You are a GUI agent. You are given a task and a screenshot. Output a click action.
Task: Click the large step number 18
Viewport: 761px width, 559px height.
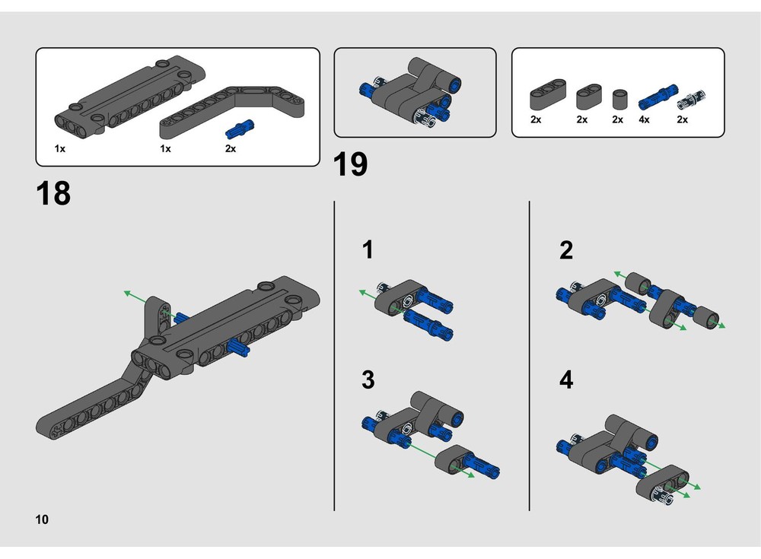pyautogui.click(x=53, y=194)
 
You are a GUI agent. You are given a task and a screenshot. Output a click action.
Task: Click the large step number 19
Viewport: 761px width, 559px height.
pyautogui.click(x=351, y=164)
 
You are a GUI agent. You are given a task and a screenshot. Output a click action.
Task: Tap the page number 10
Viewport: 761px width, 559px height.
pyautogui.click(x=41, y=520)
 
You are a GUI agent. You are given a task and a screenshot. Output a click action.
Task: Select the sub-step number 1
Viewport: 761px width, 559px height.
pyautogui.click(x=368, y=250)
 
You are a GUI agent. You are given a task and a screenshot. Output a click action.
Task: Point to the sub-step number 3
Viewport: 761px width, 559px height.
pyautogui.click(x=368, y=380)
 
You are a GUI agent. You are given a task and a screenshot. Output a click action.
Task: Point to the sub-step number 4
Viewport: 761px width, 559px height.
pyautogui.click(x=565, y=380)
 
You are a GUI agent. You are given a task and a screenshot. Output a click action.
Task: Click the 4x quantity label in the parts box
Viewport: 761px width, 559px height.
pyautogui.click(x=644, y=120)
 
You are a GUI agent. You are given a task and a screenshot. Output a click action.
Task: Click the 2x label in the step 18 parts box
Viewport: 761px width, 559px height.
pyautogui.click(x=231, y=149)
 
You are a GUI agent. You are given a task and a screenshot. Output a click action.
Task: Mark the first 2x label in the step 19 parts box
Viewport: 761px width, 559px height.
pyautogui.click(x=536, y=120)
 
